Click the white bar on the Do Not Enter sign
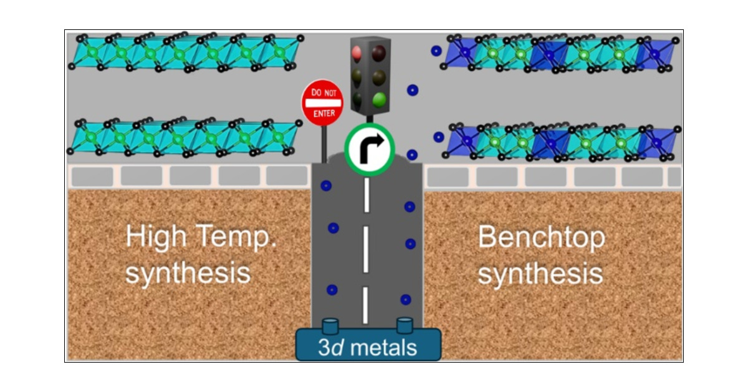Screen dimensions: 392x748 pyautogui.click(x=322, y=102)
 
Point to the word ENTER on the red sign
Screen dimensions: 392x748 pyautogui.click(x=323, y=113)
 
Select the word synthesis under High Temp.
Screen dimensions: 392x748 pyautogui.click(x=188, y=273)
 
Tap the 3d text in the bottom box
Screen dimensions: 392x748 pyautogui.click(x=330, y=347)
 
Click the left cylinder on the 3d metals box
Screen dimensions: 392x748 pyautogui.click(x=330, y=326)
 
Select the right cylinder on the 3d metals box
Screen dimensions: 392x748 pyautogui.click(x=405, y=326)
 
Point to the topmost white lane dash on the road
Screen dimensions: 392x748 pyautogui.click(x=367, y=195)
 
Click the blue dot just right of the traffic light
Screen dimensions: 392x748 pyautogui.click(x=411, y=91)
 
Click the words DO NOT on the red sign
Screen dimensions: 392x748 pyautogui.click(x=323, y=92)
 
